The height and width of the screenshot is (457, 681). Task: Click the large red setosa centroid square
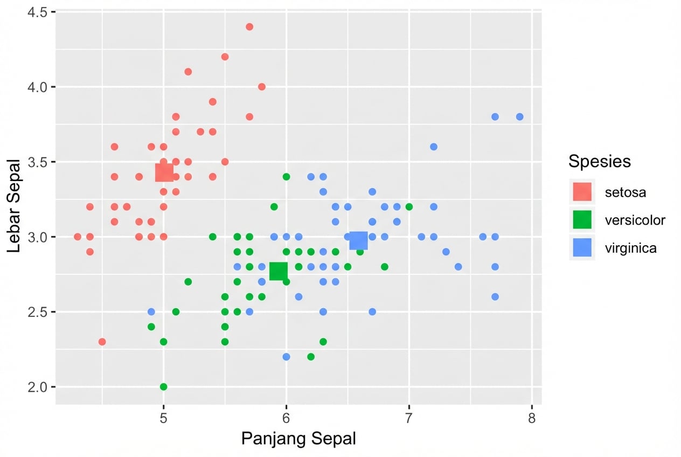(164, 172)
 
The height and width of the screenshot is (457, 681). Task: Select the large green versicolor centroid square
(279, 271)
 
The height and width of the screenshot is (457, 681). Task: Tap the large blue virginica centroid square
(358, 240)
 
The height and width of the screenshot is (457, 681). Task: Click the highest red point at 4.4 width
(249, 27)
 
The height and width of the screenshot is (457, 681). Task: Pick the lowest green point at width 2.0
(164, 386)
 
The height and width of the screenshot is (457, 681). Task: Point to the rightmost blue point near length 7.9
(519, 117)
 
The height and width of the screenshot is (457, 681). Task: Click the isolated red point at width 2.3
(102, 342)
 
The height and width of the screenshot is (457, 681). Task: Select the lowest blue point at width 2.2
(286, 357)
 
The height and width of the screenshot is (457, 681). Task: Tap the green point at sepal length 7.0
(409, 206)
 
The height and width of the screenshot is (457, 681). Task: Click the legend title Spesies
(600, 161)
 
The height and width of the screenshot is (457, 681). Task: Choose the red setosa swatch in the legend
(582, 191)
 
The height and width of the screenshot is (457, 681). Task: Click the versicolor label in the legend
(635, 220)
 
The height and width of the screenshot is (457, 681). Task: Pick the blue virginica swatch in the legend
(582, 247)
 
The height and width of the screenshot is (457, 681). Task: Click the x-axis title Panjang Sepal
(298, 439)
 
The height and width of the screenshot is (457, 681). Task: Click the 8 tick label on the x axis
(532, 419)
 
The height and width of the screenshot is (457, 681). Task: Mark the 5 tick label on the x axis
(164, 419)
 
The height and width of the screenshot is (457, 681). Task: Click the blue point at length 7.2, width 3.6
(434, 147)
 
